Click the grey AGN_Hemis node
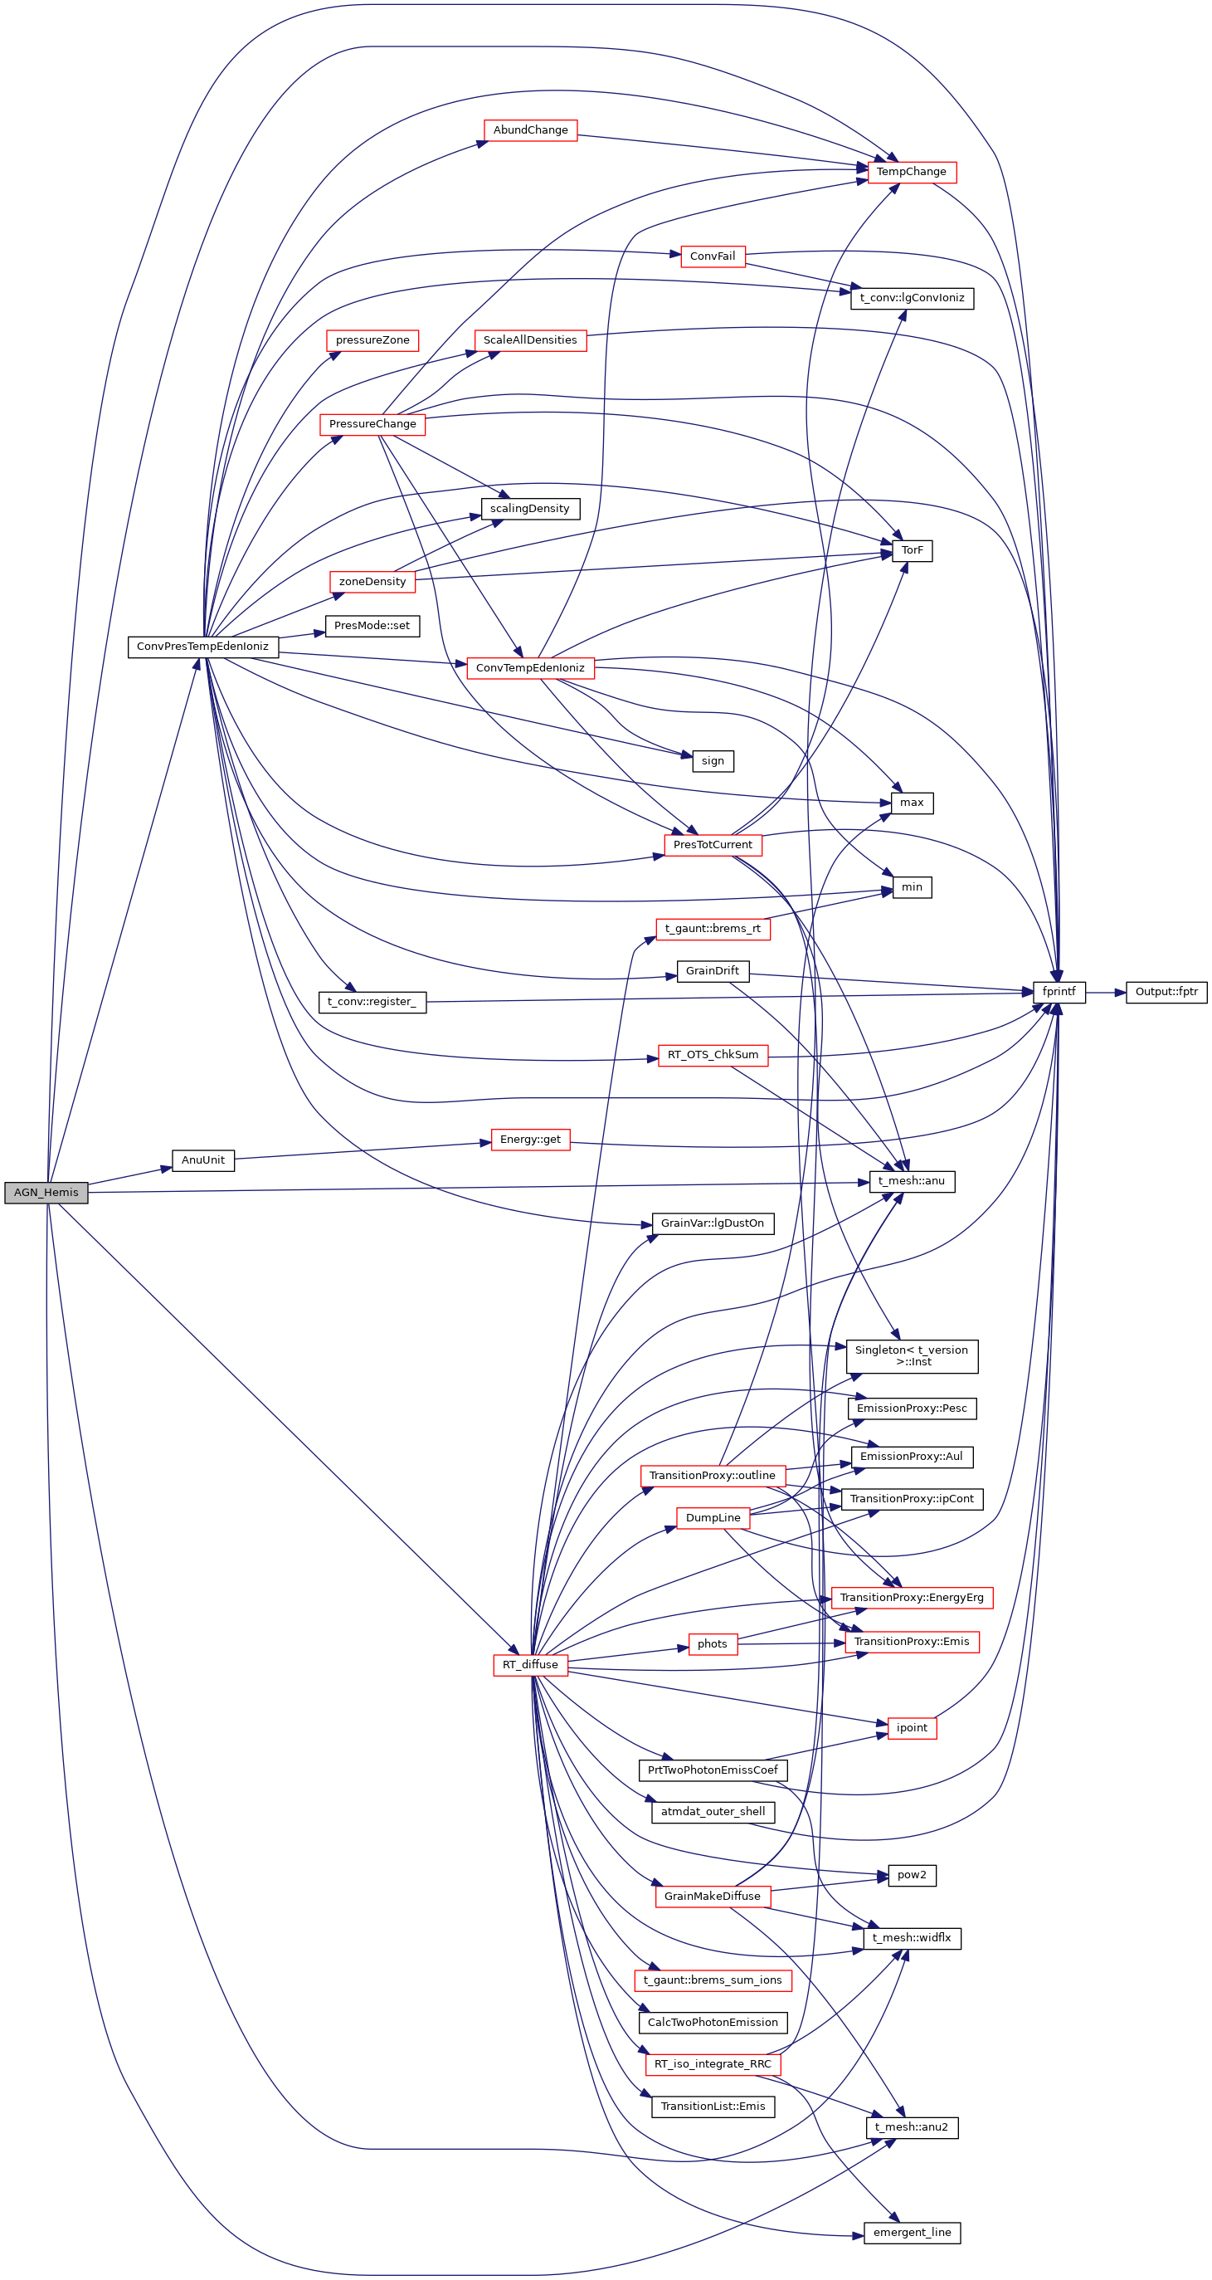(46, 1192)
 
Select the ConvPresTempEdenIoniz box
(202, 646)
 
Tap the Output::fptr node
(1166, 992)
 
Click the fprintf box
(1059, 992)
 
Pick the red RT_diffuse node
(530, 1665)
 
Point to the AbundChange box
(530, 130)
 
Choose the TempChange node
(911, 172)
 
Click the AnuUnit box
(202, 1160)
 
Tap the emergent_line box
(911, 2232)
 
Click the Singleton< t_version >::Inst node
(911, 1356)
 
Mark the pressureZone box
(372, 339)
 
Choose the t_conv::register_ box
(372, 1002)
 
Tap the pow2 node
(911, 1875)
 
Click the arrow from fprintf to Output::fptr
(1105, 992)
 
